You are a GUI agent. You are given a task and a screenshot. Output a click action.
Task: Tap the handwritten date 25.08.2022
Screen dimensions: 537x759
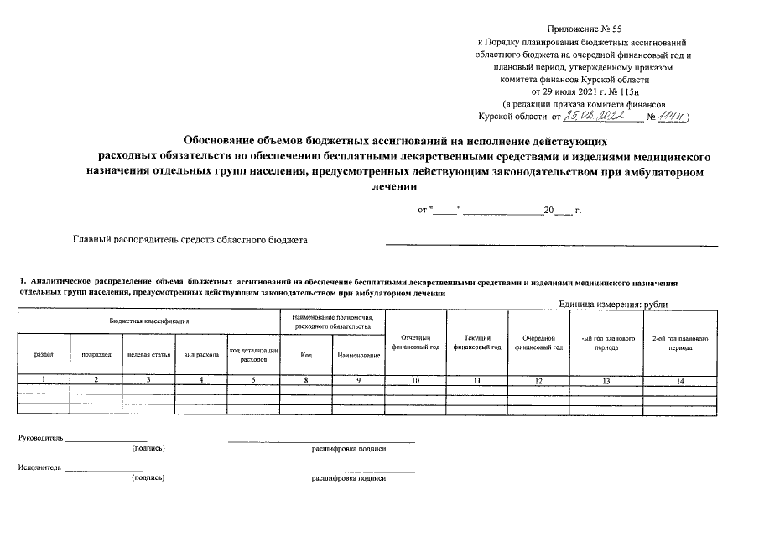click(x=603, y=117)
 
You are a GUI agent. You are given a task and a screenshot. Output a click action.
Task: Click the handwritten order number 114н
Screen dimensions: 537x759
click(x=671, y=117)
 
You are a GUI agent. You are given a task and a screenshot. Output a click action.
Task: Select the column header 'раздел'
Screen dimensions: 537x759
click(x=44, y=355)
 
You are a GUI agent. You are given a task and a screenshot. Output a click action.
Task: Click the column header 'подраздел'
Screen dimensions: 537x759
click(x=96, y=355)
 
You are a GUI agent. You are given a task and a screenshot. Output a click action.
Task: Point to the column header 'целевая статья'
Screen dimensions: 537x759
click(x=148, y=355)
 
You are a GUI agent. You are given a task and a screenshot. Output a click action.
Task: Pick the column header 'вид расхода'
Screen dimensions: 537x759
click(x=201, y=355)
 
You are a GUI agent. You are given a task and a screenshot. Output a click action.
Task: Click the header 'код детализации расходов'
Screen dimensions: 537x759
click(x=253, y=355)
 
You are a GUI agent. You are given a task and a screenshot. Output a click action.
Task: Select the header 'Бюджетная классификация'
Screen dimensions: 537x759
click(x=148, y=321)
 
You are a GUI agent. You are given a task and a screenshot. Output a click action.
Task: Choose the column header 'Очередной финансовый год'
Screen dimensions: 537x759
click(x=538, y=342)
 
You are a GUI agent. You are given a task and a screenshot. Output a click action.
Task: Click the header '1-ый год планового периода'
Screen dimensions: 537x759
click(x=606, y=342)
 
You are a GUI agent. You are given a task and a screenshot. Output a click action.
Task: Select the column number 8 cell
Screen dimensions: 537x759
click(x=306, y=382)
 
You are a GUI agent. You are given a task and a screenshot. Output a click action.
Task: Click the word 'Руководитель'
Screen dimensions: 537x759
click(x=40, y=438)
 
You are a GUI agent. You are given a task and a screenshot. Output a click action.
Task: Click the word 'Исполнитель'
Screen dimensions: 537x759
click(x=39, y=467)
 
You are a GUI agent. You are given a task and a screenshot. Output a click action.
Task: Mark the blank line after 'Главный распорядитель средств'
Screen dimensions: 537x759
click(x=551, y=243)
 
